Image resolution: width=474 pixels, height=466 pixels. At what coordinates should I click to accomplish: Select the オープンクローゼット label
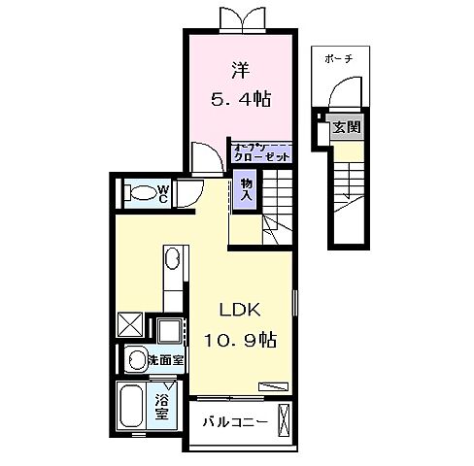261,150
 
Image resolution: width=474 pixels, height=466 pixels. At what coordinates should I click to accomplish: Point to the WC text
165,192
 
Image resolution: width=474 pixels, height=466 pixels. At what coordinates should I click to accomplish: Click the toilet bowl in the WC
143,192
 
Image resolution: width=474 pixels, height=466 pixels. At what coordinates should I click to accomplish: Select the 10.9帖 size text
241,341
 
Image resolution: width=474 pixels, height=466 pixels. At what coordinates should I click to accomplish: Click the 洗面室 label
167,360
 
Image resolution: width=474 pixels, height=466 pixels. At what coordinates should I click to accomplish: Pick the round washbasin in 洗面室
136,359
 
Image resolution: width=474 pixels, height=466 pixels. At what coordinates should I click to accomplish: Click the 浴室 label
162,405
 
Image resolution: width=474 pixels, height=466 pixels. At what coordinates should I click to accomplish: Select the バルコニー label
234,422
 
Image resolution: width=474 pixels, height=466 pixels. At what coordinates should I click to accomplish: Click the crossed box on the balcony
284,422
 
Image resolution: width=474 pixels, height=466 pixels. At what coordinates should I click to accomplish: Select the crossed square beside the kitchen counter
130,322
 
